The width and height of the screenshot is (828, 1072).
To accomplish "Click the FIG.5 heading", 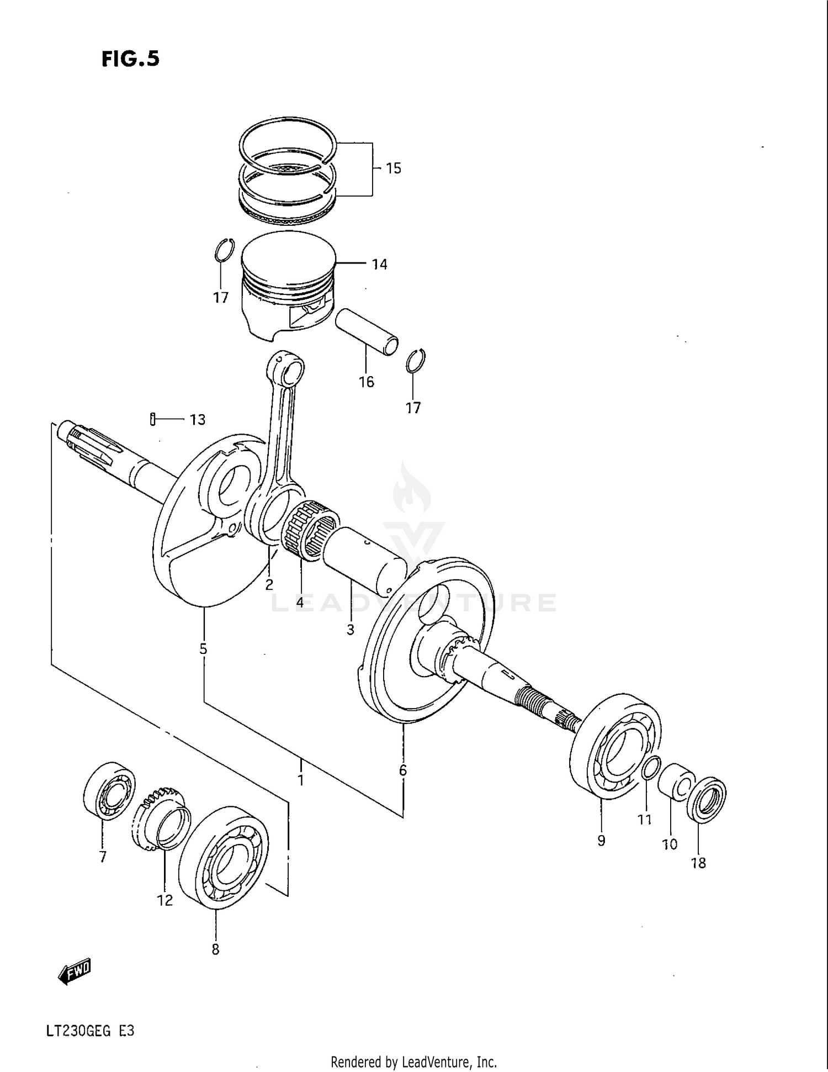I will [x=130, y=59].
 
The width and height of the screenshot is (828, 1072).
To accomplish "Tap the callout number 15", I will [x=393, y=168].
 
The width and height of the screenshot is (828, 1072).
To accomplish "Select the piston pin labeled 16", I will [x=366, y=331].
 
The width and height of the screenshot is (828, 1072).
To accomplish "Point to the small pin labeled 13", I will [x=152, y=419].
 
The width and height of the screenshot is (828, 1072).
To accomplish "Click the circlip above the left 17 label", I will [x=224, y=251].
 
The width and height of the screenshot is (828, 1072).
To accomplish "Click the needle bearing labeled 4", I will [x=310, y=530].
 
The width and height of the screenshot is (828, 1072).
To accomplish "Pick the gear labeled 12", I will [x=160, y=818].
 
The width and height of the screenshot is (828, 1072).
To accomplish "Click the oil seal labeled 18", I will [x=706, y=799].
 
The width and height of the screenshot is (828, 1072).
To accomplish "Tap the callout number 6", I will [x=403, y=770].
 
